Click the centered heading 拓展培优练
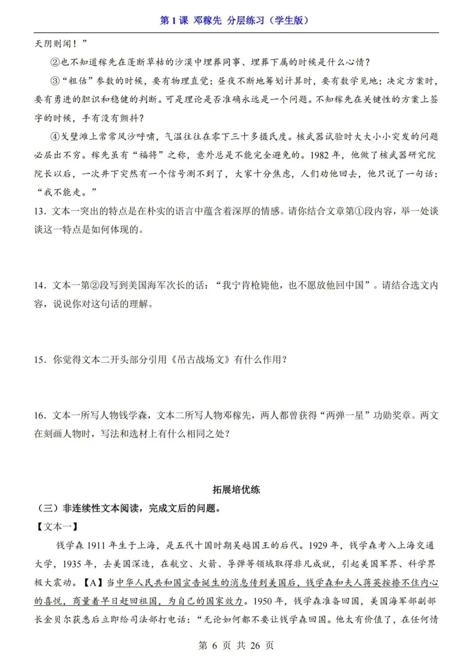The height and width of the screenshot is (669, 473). tap(236, 489)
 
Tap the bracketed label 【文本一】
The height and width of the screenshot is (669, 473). tap(57, 527)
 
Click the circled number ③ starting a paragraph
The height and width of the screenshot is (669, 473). tap(55, 81)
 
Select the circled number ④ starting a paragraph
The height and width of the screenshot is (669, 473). tap(55, 137)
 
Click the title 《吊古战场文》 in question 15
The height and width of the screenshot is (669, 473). tap(200, 360)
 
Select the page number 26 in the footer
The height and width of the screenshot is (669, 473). tap(255, 645)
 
